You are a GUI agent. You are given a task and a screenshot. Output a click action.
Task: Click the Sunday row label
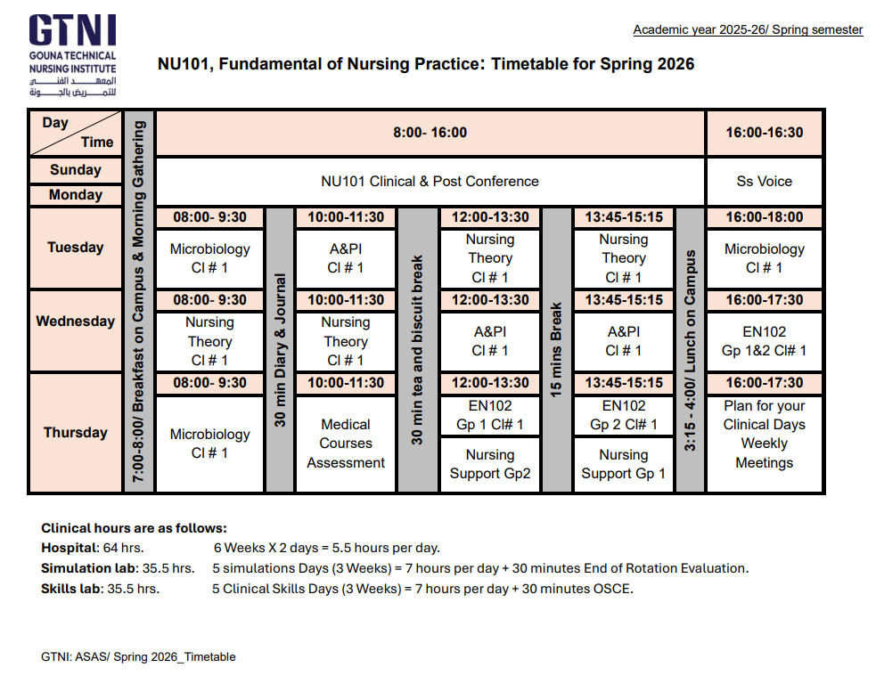point(76,170)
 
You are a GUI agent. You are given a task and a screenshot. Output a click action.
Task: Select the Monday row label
point(76,195)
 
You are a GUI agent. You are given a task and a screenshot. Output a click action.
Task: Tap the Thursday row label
point(76,433)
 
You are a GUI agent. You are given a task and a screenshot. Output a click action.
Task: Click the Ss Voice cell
point(765,181)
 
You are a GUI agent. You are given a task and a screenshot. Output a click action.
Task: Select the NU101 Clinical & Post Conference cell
point(430,181)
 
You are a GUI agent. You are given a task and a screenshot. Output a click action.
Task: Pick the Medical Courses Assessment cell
point(346,444)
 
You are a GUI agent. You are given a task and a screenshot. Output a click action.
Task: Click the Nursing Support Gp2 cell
point(490,464)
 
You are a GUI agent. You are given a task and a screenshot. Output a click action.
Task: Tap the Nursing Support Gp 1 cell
point(623,464)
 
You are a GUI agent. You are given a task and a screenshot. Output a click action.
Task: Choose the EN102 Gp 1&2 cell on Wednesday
point(765,341)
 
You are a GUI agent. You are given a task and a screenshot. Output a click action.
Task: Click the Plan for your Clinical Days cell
point(765,434)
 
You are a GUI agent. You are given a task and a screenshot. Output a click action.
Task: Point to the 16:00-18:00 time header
point(765,217)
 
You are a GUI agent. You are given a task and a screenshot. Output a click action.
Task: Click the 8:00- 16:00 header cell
point(430,133)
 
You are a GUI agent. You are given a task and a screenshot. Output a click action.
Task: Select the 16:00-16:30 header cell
point(765,133)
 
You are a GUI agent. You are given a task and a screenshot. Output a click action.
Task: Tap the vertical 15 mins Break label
point(557,350)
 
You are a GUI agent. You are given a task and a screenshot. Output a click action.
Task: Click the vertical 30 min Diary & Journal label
point(280,350)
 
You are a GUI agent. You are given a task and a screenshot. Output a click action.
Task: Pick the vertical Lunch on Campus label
point(690,350)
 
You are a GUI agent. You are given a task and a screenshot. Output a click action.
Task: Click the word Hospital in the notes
point(69,548)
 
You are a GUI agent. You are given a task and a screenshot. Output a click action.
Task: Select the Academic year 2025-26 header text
point(748,30)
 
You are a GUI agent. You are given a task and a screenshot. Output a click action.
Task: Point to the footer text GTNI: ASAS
point(138,657)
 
